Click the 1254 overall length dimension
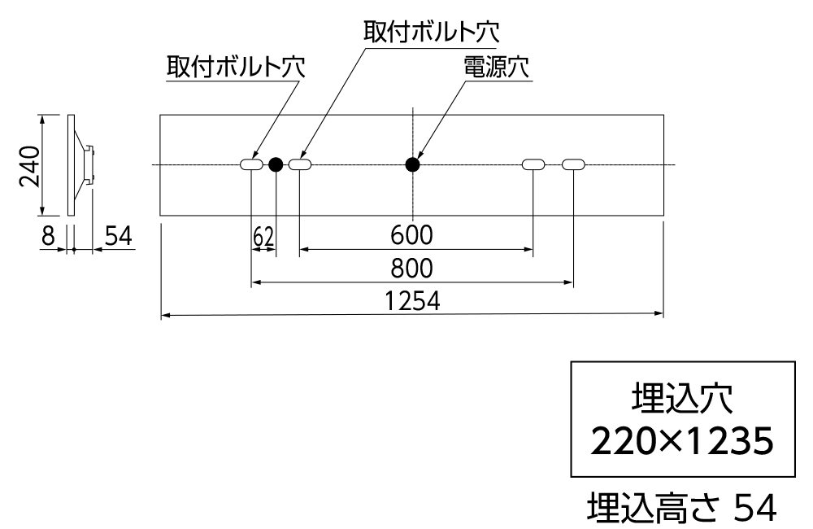tap(412, 301)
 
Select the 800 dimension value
tap(411, 269)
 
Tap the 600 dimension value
tap(411, 235)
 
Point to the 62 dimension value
tap(263, 238)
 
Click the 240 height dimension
tap(29, 165)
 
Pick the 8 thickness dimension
tap(48, 236)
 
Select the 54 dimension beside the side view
tap(119, 236)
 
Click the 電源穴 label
tap(496, 67)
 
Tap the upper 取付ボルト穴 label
tap(431, 32)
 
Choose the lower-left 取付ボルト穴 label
tap(236, 67)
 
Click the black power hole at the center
tap(412, 164)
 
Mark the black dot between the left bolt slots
tap(276, 164)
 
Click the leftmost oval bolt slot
tap(251, 164)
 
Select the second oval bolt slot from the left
tap(300, 164)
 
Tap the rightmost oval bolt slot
tap(573, 164)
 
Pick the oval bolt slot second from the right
tap(533, 164)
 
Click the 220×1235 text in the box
tap(682, 441)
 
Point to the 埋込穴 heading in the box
tap(682, 398)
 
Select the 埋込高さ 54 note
tap(682, 507)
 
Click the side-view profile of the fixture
tap(81, 165)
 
